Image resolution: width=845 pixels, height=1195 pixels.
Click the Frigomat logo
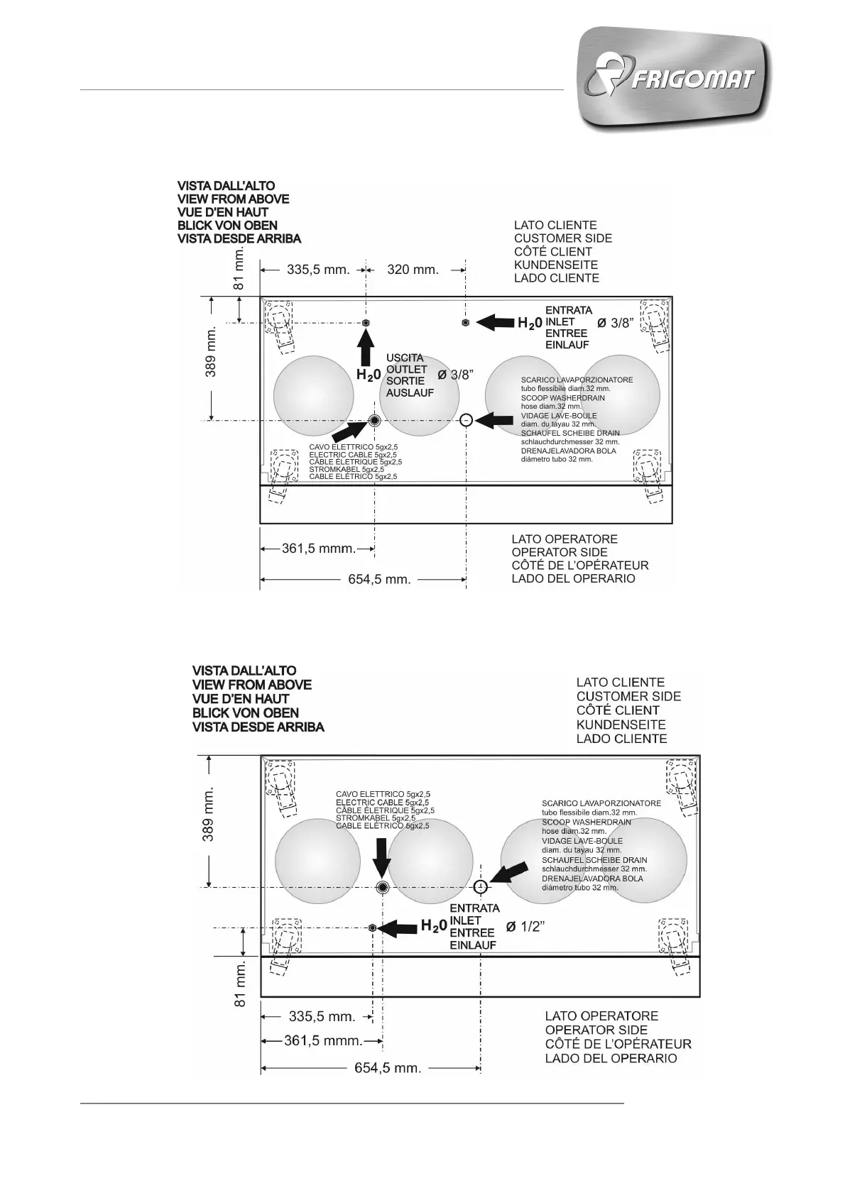674,79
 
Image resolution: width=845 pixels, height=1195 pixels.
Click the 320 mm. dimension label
413,270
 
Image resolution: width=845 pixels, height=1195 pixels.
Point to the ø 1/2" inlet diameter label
525,926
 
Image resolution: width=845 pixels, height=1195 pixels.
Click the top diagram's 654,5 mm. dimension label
379,580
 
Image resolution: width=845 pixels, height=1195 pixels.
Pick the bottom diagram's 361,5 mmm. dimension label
323,1040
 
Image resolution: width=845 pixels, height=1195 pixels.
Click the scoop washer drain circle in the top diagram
465,420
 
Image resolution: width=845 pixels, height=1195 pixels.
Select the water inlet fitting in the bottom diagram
373,927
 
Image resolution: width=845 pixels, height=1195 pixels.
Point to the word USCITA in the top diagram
405,358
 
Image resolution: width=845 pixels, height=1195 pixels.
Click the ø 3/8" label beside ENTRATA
614,323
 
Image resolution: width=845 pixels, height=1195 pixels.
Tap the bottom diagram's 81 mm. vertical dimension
240,984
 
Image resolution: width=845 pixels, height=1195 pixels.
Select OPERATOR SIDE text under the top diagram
560,552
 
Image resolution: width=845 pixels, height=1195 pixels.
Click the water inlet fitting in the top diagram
465,323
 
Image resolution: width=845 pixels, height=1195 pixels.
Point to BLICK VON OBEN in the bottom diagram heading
246,712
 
